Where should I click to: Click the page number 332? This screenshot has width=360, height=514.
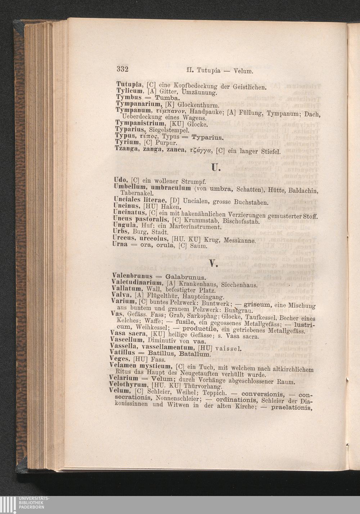(x=122, y=69)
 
